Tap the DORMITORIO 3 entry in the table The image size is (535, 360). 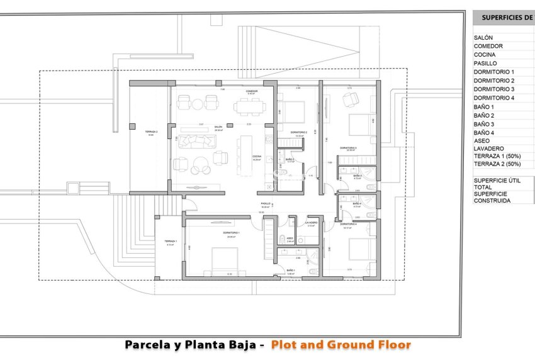[494, 89]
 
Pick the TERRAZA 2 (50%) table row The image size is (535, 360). [497, 164]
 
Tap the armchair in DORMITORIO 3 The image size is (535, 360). [350, 99]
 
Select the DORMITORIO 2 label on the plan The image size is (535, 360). [298, 132]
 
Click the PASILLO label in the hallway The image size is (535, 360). [266, 204]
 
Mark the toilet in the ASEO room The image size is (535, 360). [282, 239]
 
